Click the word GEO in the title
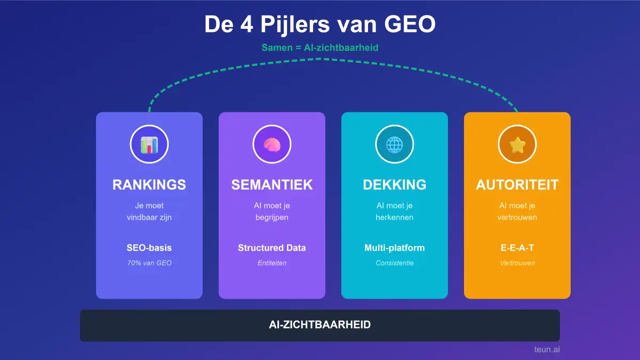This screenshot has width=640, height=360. coord(410,25)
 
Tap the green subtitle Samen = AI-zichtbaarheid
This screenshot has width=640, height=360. coord(319,47)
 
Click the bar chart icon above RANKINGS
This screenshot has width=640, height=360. coord(149,145)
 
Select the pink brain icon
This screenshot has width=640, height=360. coord(271,145)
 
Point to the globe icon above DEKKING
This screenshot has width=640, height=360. coord(395,145)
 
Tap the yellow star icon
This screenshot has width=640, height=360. coord(517,145)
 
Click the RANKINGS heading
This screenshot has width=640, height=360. coord(149,185)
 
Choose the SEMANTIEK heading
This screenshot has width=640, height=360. coord(271,185)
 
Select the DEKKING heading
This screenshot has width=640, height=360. coord(395,185)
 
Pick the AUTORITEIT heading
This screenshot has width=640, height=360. coord(517,185)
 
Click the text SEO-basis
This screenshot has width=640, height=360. coord(149,247)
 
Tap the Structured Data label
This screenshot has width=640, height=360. coord(271,247)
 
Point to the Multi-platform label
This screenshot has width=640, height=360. coord(395,247)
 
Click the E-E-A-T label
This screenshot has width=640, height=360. coord(517,247)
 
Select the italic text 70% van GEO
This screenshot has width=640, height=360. coord(149,263)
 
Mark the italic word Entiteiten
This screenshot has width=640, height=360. coord(271,263)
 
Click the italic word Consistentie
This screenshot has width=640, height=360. coord(395,263)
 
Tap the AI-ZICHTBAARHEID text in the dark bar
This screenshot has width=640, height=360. coord(319,325)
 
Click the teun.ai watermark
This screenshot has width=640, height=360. coord(547,349)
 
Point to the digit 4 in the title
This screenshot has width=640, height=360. coord(246,25)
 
